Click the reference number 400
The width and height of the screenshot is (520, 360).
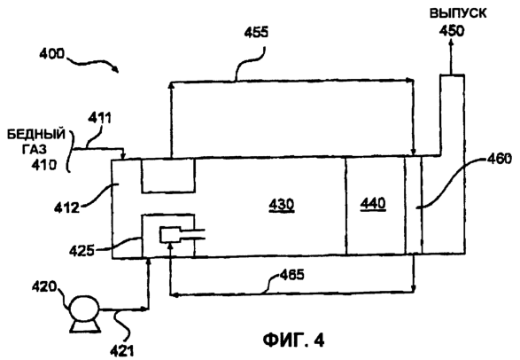click(51, 54)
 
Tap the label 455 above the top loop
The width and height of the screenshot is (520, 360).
click(256, 33)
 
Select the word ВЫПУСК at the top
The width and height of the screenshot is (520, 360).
click(458, 13)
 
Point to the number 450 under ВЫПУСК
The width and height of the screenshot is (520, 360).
click(452, 31)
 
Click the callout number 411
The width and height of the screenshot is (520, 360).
click(99, 118)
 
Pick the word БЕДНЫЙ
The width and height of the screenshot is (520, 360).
click(36, 135)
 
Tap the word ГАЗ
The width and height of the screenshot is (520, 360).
click(35, 150)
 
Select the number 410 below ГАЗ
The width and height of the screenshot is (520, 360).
click(43, 165)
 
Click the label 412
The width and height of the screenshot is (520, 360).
click(67, 208)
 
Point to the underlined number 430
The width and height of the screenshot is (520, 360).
click(282, 205)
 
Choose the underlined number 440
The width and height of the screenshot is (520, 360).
click(373, 203)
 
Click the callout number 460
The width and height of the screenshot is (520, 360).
click(500, 160)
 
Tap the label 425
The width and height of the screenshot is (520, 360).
click(81, 251)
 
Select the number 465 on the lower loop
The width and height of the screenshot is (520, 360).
click(291, 275)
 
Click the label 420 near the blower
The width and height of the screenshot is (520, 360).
click(44, 286)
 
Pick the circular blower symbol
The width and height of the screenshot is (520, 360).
click(84, 309)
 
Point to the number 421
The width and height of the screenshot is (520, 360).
click(121, 351)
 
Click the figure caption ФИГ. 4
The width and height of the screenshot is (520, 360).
click(294, 340)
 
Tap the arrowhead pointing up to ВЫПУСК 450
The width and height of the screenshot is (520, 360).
click(451, 43)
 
